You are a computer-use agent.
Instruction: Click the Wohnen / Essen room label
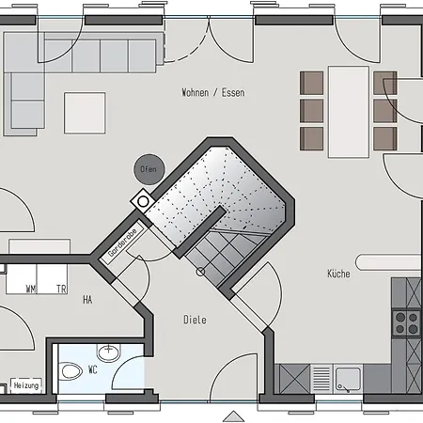tap(213, 92)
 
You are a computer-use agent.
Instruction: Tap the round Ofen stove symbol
tap(149, 169)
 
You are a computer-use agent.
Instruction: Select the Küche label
tap(338, 274)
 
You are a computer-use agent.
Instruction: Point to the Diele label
tap(195, 320)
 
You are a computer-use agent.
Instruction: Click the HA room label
tap(87, 300)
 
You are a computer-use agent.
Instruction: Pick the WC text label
tap(93, 369)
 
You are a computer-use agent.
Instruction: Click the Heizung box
tap(26, 385)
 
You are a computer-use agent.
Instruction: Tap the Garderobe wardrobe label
tap(122, 243)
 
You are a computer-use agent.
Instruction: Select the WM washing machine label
tap(31, 289)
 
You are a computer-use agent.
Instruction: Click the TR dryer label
tap(61, 289)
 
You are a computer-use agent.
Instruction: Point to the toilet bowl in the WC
tap(70, 371)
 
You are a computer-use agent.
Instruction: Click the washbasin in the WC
tap(108, 352)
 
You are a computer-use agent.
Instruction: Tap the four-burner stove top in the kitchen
tap(406, 323)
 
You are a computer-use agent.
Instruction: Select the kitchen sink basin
tap(348, 379)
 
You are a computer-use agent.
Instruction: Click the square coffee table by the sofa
tap(85, 113)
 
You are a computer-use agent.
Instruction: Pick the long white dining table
tap(349, 112)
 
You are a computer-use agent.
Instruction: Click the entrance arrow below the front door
tap(234, 416)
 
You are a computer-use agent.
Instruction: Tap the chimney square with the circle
tap(143, 201)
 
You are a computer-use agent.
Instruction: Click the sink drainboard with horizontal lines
tap(321, 379)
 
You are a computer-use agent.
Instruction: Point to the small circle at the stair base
tap(200, 272)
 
